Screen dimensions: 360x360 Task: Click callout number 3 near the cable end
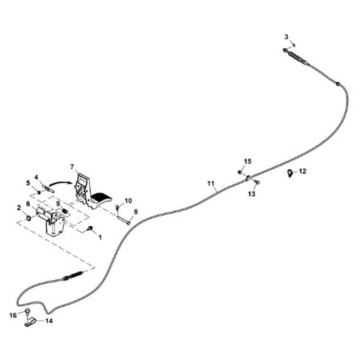tap(286, 37)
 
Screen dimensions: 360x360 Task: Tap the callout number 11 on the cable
tap(211, 183)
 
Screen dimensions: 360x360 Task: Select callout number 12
tap(303, 171)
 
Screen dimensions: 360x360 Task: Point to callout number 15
tap(248, 161)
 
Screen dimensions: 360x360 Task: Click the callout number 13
tap(251, 194)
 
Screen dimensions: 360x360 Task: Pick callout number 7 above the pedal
tap(72, 167)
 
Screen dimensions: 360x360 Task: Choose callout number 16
tap(13, 316)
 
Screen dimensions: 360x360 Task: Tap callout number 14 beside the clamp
tap(49, 321)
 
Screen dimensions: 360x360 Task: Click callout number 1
tap(100, 237)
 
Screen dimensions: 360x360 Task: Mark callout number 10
tap(129, 201)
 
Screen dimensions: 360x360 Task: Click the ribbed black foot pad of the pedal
tap(101, 197)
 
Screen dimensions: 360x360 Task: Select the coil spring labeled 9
tap(65, 211)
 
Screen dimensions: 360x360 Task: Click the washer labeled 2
tap(29, 218)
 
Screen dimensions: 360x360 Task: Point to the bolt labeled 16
tap(28, 311)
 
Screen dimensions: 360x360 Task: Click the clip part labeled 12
tap(290, 173)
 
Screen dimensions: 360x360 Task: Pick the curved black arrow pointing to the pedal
tap(60, 183)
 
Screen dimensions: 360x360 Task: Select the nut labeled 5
tap(39, 192)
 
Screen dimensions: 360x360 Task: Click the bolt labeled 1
tap(90, 228)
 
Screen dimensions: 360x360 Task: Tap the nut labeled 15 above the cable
tap(239, 172)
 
